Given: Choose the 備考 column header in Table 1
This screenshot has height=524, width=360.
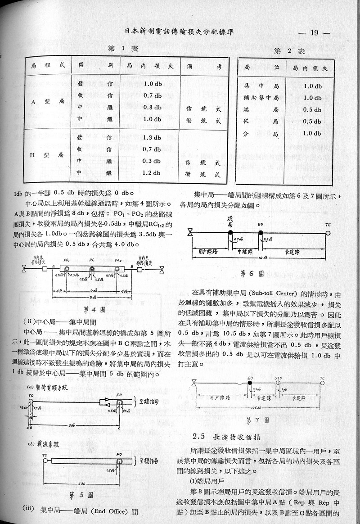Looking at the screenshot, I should point(205,66).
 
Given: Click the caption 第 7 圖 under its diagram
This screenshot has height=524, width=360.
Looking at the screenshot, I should point(258,420).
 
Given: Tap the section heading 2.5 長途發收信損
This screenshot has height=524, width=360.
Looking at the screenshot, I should point(229,436).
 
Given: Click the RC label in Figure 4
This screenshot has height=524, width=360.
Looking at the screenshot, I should point(91,260).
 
